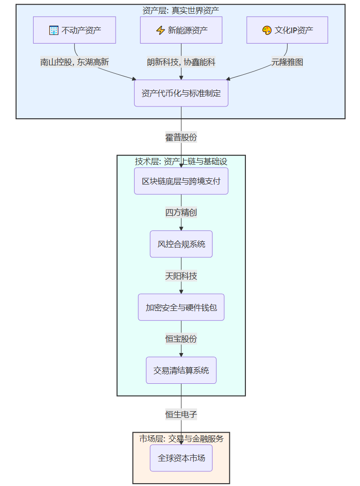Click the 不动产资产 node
[74, 30]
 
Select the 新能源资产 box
[181, 30]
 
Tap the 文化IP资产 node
[287, 30]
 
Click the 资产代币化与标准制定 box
[181, 93]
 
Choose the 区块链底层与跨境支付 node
[181, 181]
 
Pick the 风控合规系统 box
[181, 244]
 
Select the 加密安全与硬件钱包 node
[181, 307]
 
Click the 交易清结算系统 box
[181, 370]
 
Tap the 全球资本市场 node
[181, 458]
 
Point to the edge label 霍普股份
[181, 138]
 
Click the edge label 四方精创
[181, 212]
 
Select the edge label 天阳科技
[181, 276]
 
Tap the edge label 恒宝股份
[181, 339]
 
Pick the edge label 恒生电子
[181, 415]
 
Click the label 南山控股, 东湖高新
[75, 62]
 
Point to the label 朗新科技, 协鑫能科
[181, 62]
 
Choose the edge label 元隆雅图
[287, 62]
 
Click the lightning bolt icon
[160, 31]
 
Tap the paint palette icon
[267, 31]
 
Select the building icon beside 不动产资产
[54, 31]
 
